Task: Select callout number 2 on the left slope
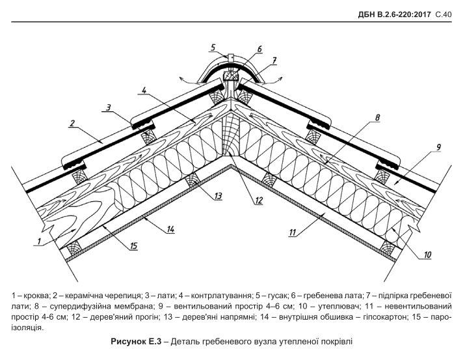73,122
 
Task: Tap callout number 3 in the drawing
108,107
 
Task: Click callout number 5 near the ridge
213,47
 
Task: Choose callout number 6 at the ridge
258,49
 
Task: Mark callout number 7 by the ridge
274,60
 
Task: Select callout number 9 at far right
438,148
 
